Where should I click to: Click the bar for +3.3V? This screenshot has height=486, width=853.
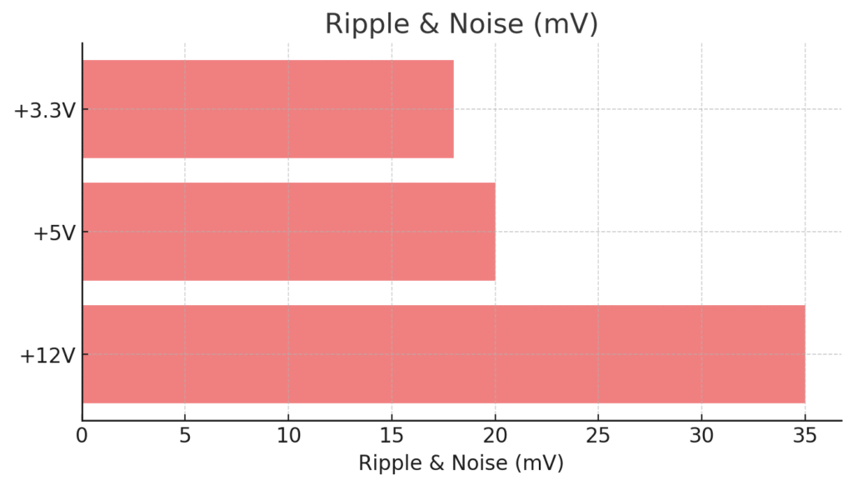click(x=267, y=109)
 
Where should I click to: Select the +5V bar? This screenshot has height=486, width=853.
click(x=288, y=232)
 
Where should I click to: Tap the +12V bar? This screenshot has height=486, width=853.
click(x=443, y=354)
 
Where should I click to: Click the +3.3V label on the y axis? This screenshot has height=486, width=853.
click(x=45, y=110)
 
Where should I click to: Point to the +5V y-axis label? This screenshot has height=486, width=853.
click(x=54, y=233)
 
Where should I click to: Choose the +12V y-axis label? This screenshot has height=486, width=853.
click(x=48, y=355)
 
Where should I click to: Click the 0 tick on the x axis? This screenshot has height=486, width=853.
click(x=82, y=435)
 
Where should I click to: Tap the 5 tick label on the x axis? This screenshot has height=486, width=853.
click(x=185, y=435)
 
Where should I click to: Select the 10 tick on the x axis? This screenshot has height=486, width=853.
click(x=288, y=435)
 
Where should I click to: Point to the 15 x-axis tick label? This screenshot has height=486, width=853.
click(x=392, y=435)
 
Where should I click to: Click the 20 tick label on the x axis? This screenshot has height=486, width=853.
click(x=495, y=435)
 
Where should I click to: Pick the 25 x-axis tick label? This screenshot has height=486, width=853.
click(x=598, y=435)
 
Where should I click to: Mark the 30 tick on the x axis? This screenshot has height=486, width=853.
click(x=701, y=435)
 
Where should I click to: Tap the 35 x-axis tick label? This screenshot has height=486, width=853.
click(x=805, y=435)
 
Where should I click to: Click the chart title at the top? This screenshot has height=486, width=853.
click(x=461, y=24)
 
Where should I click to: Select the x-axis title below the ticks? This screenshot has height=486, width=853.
click(x=461, y=463)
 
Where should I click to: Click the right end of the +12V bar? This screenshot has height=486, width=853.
click(x=803, y=354)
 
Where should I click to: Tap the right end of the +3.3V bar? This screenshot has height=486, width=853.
click(x=452, y=109)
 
